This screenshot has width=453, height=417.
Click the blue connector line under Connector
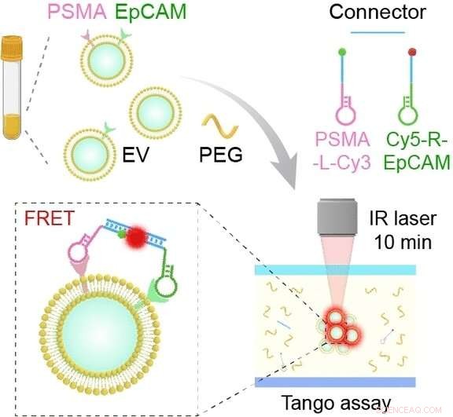(377, 32)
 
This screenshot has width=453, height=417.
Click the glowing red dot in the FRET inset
(142, 236)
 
